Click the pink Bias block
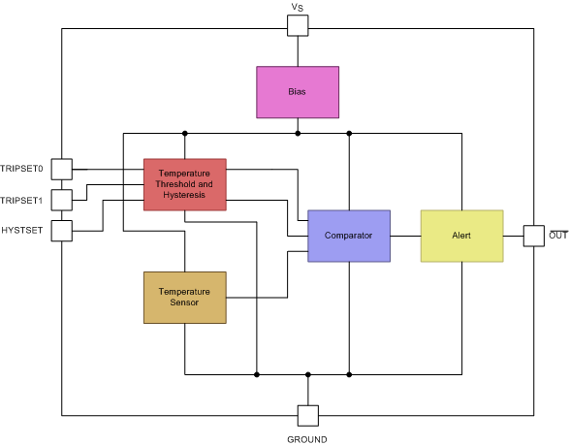[x=298, y=92]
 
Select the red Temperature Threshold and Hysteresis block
[x=184, y=184]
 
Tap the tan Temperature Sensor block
[x=184, y=297]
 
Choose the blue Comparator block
[x=349, y=236]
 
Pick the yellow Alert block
[x=461, y=236]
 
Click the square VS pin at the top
[x=298, y=25]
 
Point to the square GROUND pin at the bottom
[x=307, y=415]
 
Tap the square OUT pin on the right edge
[x=534, y=236]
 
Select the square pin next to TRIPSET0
[x=61, y=170]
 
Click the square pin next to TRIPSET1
[x=61, y=200]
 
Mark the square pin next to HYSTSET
[x=61, y=231]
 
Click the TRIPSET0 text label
[x=22, y=170]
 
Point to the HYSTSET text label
[x=22, y=231]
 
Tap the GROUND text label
[x=307, y=439]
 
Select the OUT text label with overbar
[x=558, y=236]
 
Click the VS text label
[x=298, y=7]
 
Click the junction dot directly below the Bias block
[x=298, y=133]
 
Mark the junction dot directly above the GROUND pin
[x=307, y=373]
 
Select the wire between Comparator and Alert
[x=405, y=236]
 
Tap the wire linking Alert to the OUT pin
[x=513, y=236]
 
